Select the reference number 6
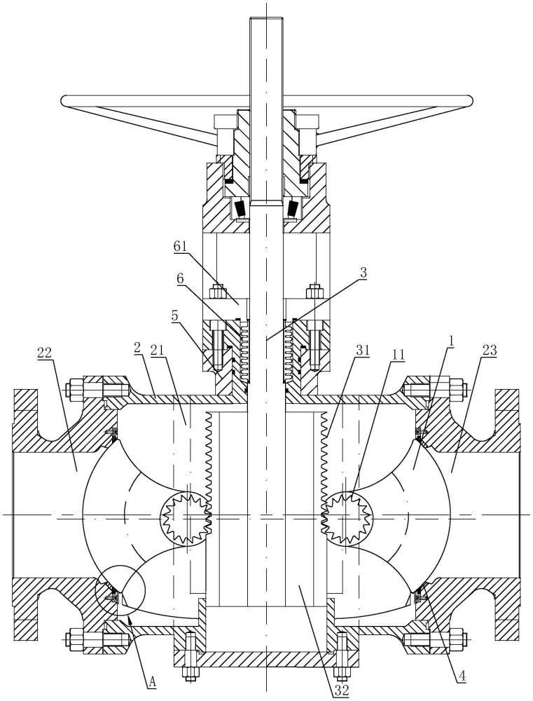(180, 278)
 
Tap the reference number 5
(174, 315)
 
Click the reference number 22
(45, 353)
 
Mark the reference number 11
(396, 355)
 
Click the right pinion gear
(347, 519)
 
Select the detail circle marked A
(120, 590)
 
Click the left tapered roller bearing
(240, 208)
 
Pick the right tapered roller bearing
(293, 208)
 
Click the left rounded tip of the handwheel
(64, 100)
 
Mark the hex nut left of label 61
(217, 291)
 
